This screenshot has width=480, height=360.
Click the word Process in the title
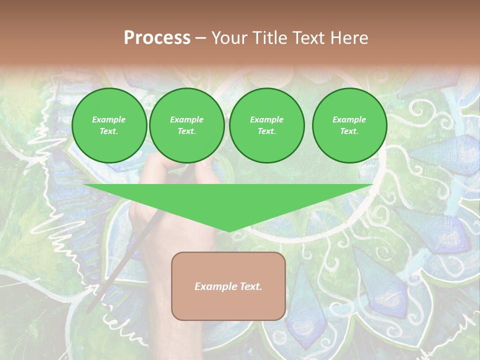[157, 38]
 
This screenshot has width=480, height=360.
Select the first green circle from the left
[109, 125]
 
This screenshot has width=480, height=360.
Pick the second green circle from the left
[187, 125]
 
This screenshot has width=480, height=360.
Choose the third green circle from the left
[266, 125]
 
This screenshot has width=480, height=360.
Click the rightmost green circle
[349, 125]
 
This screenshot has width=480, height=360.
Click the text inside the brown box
[228, 286]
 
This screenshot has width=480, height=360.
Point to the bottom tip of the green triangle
[228, 231]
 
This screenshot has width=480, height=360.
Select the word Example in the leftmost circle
[109, 119]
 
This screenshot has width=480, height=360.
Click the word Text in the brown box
[250, 286]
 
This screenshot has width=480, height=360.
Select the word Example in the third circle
[266, 119]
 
